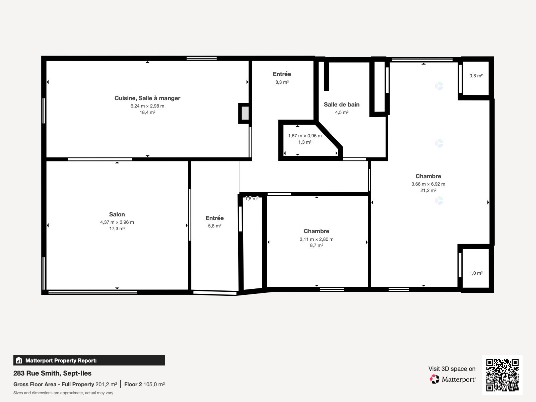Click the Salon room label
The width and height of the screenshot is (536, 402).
coord(117,214)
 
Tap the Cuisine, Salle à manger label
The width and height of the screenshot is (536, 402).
coord(147,98)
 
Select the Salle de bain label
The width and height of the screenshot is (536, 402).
coord(341,105)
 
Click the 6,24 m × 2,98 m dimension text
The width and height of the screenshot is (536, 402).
coord(147,106)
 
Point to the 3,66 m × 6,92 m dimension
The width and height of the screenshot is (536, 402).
coord(428,184)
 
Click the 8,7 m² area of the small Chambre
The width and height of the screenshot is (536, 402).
coord(317,245)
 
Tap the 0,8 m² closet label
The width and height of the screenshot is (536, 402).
coord(476,76)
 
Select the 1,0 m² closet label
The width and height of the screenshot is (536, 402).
coord(476,273)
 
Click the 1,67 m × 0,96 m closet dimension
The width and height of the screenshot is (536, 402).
coord(305,136)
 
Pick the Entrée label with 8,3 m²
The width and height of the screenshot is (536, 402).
coord(282,74)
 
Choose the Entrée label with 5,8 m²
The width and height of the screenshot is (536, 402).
coord(214,218)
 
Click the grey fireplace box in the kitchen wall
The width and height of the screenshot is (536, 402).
coord(245,113)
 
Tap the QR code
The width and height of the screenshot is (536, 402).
coord(502,375)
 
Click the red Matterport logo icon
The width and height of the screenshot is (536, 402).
coord(434,379)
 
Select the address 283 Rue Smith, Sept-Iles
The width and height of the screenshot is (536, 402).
coord(52,373)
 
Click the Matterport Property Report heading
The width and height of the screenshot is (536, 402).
coord(61,360)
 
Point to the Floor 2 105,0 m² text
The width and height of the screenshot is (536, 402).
coord(144,384)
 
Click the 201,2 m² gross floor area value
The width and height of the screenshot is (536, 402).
coord(106,384)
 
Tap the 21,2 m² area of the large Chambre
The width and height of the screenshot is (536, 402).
coord(428,190)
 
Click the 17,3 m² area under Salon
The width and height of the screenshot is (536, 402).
coord(117,228)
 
